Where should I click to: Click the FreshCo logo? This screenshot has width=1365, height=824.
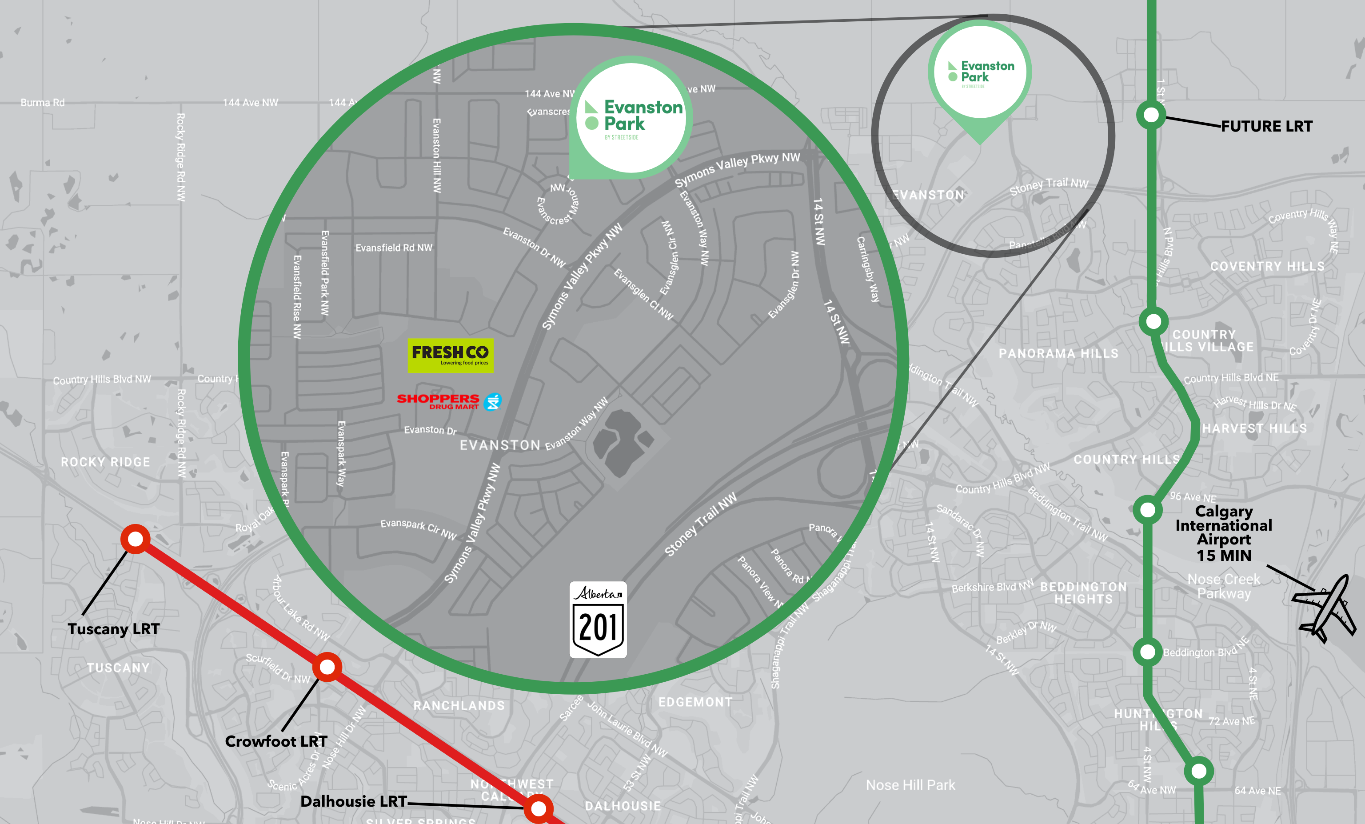point(451,355)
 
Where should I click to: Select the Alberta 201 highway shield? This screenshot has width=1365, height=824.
point(598,620)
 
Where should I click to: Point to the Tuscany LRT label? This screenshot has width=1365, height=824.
point(114,629)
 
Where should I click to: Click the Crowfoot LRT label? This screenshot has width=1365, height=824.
point(276,741)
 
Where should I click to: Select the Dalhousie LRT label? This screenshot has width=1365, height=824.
point(353,801)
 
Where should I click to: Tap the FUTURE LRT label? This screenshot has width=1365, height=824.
point(1266,126)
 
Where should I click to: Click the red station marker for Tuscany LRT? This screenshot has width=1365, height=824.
point(135,539)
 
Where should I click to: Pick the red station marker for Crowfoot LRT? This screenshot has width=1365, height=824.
point(327,667)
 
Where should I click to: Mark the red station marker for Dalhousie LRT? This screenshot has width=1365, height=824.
point(538,808)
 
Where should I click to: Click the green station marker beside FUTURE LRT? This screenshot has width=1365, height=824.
point(1151,115)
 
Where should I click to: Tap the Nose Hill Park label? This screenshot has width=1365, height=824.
point(910,785)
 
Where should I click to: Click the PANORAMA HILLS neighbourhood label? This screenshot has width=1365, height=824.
point(1058,353)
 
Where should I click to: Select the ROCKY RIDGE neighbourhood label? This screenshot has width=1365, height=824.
point(105,462)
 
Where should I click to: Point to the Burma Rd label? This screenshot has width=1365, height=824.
point(43,103)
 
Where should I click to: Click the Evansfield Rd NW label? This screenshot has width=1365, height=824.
point(393,248)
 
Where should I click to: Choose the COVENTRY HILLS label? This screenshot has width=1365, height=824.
point(1267,267)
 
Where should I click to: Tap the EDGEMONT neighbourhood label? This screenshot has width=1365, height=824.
point(694,702)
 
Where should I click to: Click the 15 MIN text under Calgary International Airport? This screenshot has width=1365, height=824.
point(1223,555)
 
